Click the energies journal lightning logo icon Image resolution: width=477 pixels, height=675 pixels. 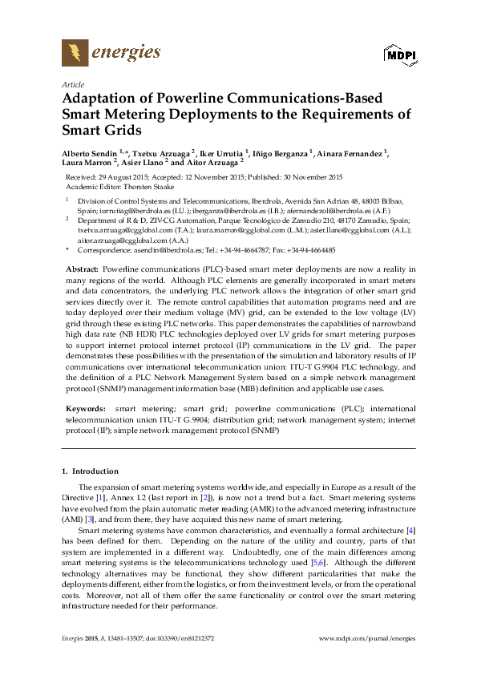75,54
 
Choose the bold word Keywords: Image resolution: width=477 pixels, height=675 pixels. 85,409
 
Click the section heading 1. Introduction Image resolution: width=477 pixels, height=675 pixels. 90,471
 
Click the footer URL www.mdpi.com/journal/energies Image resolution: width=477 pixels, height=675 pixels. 367,638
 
